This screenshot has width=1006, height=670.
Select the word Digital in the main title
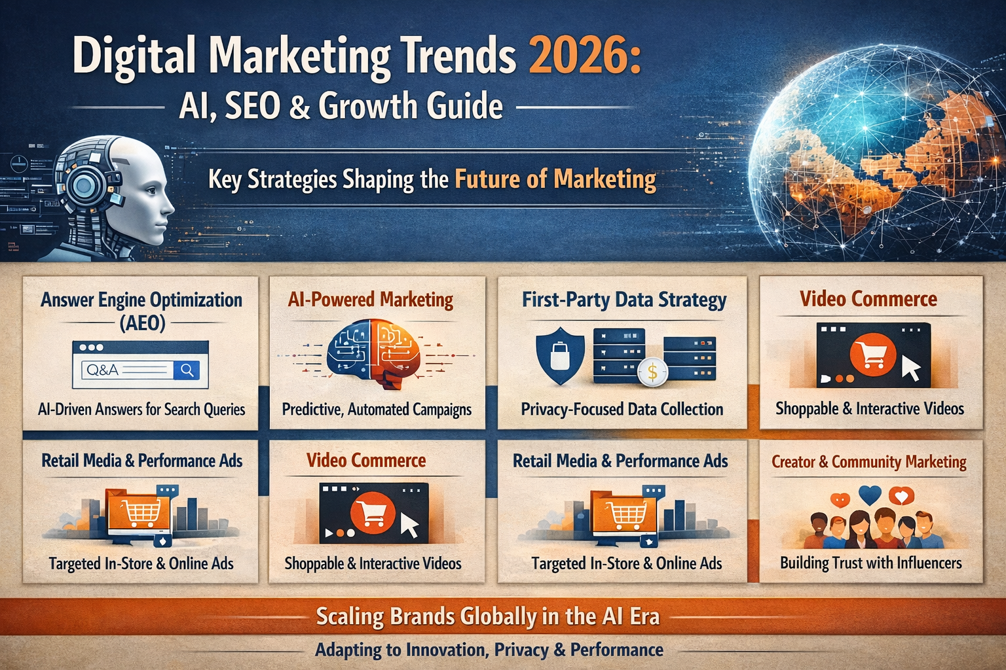134,56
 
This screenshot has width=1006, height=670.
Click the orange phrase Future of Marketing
555,179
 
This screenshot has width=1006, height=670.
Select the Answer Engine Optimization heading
141,300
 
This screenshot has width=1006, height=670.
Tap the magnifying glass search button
187,370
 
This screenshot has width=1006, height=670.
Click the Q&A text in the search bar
102,370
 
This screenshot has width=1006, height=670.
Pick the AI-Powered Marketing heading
371,300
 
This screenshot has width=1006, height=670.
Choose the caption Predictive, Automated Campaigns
377,410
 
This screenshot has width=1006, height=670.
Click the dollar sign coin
652,372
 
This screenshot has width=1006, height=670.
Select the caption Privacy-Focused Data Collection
622,410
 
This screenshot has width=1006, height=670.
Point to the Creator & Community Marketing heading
869,462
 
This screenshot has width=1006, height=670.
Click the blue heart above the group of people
870,494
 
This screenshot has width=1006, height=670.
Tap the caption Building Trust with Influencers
871,563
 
